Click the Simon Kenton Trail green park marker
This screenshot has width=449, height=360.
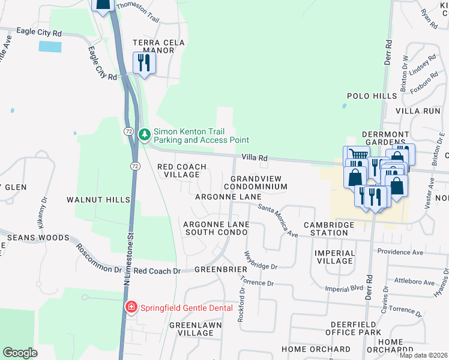(144, 134)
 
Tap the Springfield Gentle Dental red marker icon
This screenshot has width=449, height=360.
(131, 308)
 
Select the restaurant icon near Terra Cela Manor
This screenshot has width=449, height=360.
(143, 63)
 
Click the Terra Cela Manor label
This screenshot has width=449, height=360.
(154, 46)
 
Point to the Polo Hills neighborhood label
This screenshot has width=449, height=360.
(372, 96)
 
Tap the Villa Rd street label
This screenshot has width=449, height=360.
(254, 157)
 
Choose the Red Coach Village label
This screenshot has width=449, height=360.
(181, 170)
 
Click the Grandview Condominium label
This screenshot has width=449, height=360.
(259, 182)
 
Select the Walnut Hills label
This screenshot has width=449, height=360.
(98, 199)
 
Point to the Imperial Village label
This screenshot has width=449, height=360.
(334, 257)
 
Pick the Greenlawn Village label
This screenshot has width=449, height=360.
(195, 329)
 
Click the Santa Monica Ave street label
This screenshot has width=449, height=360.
(278, 220)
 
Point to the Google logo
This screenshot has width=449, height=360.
(20, 353)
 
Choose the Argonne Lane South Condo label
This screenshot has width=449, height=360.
(216, 228)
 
